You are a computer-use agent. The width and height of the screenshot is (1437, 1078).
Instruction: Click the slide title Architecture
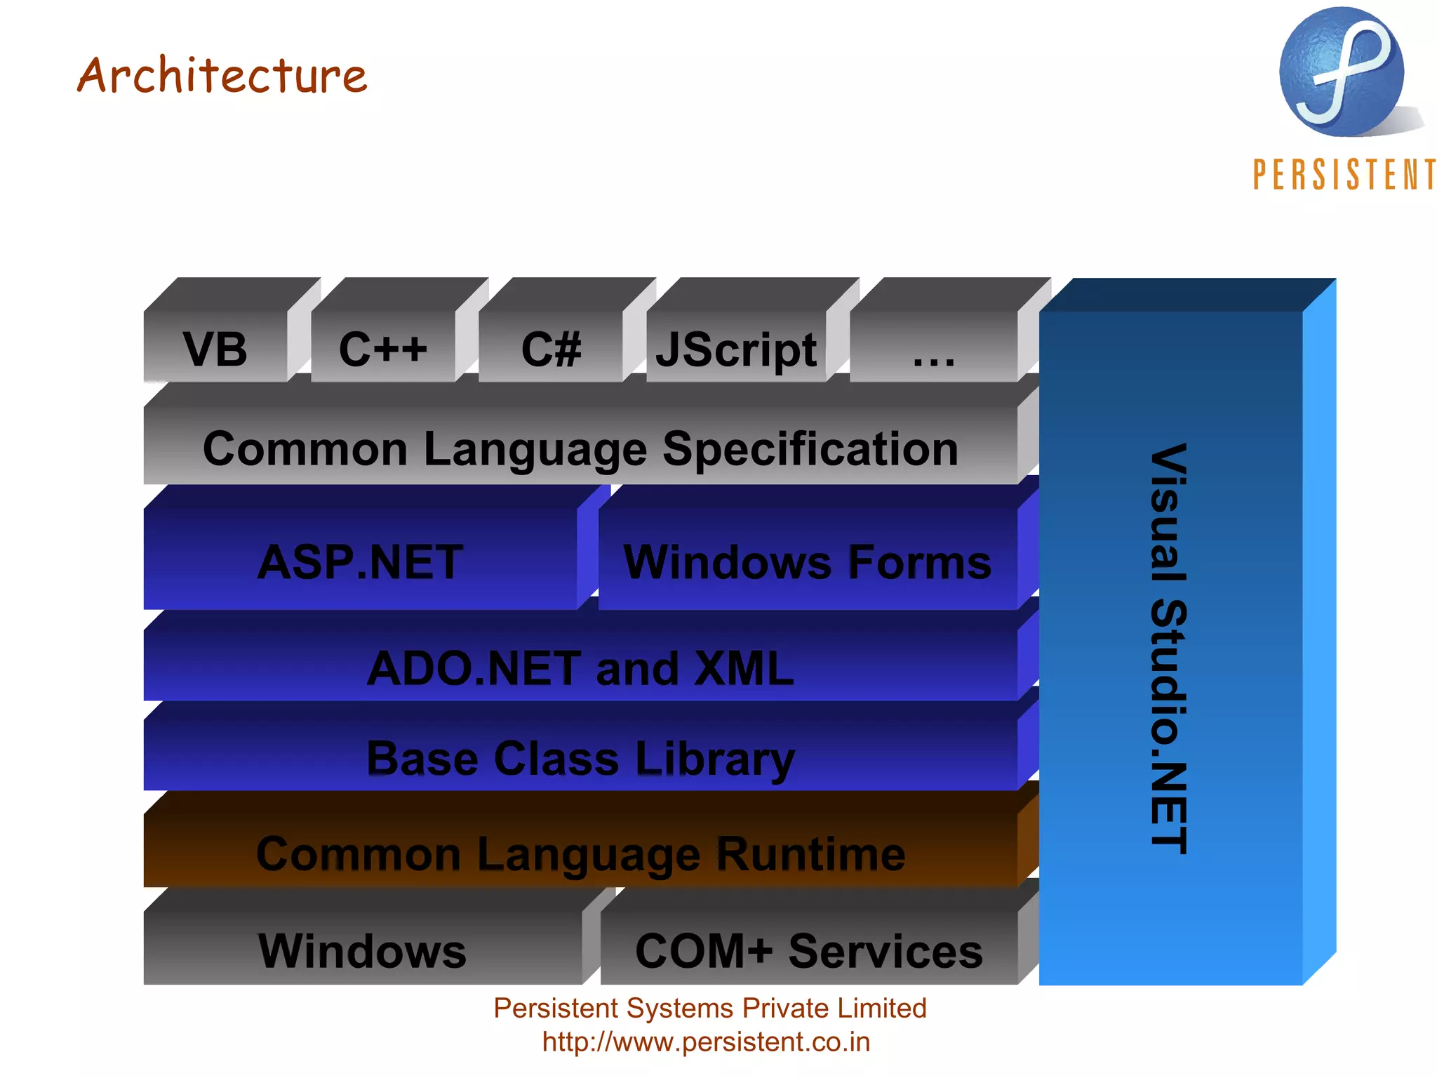222,75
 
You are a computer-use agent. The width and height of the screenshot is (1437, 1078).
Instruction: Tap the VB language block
215,349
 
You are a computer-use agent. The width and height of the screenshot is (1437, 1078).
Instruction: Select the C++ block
383,349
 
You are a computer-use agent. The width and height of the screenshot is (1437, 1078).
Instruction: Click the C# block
551,349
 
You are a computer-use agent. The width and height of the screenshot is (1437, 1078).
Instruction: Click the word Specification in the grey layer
810,449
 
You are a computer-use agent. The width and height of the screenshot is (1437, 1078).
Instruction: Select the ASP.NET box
360,562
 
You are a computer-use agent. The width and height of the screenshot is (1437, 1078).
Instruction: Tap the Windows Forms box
808,562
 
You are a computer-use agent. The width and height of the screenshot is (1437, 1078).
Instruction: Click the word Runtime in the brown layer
810,854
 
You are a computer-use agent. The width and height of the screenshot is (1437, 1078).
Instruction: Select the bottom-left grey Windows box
362,951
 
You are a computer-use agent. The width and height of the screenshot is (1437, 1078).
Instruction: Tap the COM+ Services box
809,951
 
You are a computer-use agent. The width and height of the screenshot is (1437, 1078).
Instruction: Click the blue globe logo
1342,72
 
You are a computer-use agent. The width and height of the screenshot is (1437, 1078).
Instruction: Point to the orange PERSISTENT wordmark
1344,174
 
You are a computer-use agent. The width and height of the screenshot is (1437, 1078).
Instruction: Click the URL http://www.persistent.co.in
706,1042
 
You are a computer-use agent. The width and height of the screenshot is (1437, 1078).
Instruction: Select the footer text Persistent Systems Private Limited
710,1008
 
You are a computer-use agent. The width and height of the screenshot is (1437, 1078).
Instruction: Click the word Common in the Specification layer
305,449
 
